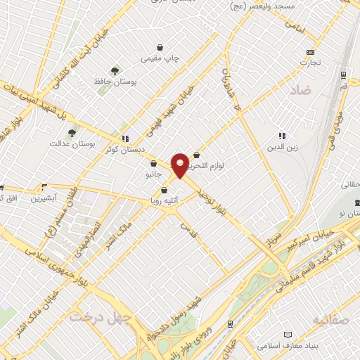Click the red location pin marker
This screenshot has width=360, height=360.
coord(180,165)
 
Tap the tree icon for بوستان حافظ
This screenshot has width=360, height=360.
coord(114,70)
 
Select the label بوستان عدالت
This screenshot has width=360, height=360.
coord(67,143)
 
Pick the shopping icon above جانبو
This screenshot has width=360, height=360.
coord(153,163)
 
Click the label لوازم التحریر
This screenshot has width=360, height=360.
coord(219,166)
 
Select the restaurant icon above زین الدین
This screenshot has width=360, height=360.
coord(281,136)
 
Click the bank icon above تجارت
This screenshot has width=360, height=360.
coord(310,52)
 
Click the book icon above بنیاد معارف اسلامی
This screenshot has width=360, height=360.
coord(287,335)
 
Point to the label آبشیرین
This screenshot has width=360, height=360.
coord(46,198)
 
